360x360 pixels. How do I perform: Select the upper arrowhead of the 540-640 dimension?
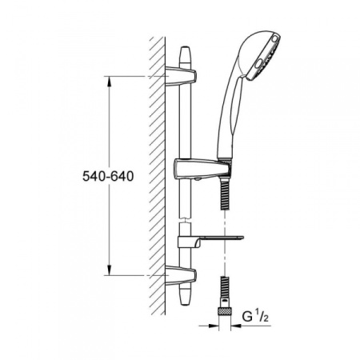[110, 80]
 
